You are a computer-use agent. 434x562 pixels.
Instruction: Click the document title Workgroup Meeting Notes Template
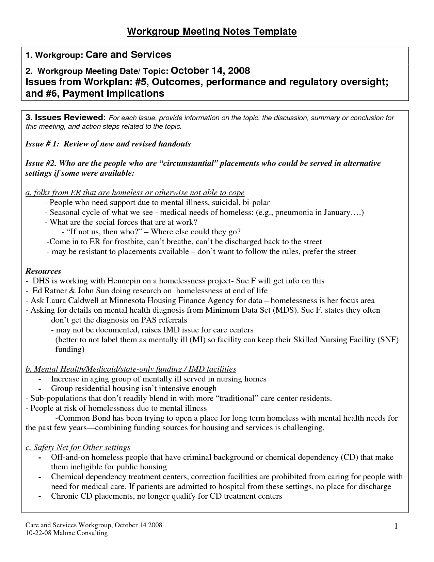click(x=212, y=32)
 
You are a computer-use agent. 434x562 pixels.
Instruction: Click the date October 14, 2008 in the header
click(x=210, y=71)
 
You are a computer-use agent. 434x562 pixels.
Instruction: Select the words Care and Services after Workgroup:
click(x=128, y=54)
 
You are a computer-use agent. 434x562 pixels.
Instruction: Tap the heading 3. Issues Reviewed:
click(x=66, y=118)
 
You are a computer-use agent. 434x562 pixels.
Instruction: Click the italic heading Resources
click(x=43, y=271)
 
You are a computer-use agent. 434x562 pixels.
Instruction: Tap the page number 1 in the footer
click(x=396, y=527)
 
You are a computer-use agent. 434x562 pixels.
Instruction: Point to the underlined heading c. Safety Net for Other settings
click(x=78, y=447)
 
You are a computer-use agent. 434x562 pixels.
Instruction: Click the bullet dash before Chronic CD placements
click(x=40, y=497)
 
